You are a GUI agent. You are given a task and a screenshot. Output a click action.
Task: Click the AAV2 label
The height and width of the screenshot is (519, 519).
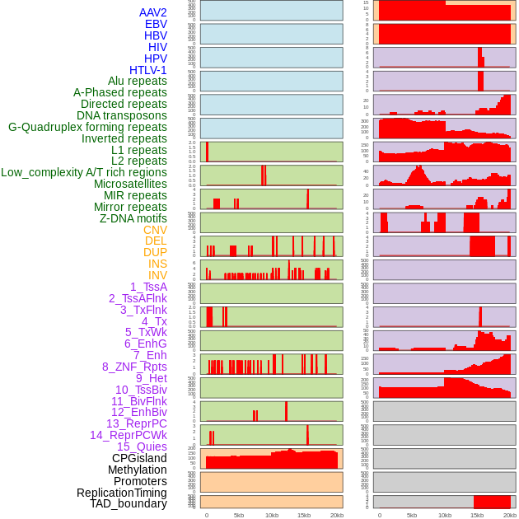[153, 12]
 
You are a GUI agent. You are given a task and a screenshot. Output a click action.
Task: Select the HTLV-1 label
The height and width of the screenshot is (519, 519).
[148, 70]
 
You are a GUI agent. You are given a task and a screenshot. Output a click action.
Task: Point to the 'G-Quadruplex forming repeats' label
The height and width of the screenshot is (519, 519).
[87, 127]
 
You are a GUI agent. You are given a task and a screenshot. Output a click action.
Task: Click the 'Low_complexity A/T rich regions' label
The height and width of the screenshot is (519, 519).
[84, 172]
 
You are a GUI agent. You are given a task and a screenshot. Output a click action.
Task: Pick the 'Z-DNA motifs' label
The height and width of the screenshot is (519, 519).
[133, 218]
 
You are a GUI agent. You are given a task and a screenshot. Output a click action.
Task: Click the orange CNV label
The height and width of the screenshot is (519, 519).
[155, 230]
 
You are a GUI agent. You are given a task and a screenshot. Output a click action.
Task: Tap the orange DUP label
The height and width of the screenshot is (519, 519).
[155, 252]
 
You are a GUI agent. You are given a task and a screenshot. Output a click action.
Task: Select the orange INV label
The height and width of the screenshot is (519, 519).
[157, 275]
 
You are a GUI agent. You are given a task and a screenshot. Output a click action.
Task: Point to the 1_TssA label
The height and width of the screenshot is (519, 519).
[148, 287]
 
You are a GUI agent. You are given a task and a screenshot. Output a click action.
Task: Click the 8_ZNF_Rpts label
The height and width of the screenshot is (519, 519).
[134, 367]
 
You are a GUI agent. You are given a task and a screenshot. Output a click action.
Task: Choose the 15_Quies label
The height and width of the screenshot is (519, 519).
[141, 447]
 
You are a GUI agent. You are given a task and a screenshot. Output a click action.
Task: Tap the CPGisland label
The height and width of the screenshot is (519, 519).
[139, 458]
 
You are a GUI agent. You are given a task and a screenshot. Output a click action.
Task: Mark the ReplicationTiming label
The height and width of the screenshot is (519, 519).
[122, 493]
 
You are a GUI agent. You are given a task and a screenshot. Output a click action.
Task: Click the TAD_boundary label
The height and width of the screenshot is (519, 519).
[129, 503]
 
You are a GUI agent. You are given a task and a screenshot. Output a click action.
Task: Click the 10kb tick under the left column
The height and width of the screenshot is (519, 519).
[272, 515]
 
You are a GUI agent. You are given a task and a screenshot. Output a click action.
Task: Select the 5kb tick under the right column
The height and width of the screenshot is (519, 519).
[412, 515]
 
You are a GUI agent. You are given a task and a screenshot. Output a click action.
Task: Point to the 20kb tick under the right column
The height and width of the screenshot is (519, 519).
[510, 515]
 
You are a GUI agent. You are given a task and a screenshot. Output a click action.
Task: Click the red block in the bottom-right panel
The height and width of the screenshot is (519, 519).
[492, 502]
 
